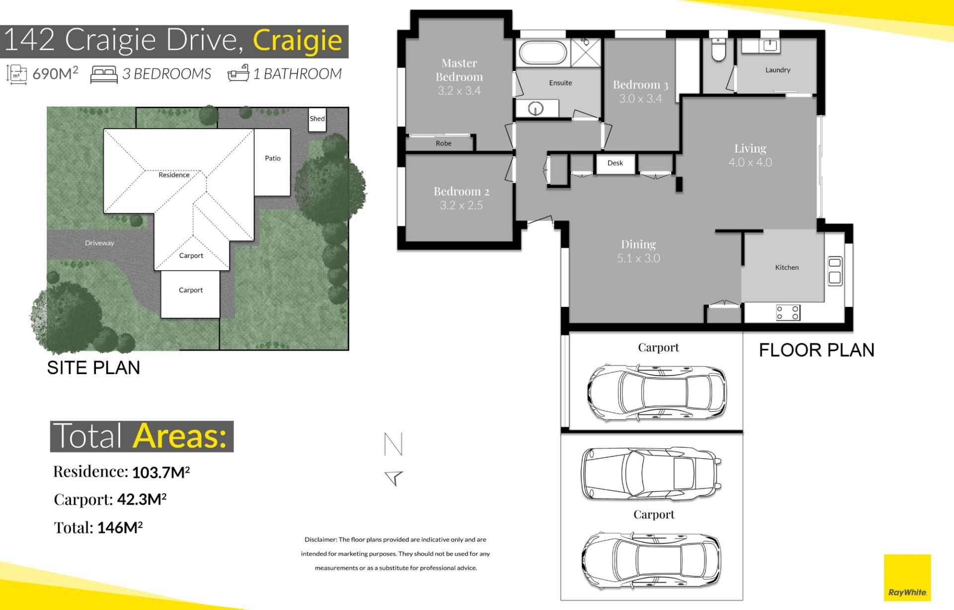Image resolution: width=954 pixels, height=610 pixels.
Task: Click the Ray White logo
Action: click(907, 578)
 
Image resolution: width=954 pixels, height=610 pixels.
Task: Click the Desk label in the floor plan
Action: click(615, 163)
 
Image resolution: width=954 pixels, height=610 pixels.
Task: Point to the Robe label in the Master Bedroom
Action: click(444, 144)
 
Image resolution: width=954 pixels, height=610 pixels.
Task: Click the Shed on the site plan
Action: click(317, 120)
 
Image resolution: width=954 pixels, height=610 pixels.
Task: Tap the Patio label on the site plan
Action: click(273, 158)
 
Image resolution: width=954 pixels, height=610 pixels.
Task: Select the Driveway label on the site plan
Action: click(99, 243)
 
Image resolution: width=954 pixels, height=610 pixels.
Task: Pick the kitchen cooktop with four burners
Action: click(789, 312)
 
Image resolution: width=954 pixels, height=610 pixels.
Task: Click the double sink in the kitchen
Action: click(835, 271)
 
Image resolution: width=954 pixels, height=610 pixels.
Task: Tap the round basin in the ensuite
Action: click(536, 108)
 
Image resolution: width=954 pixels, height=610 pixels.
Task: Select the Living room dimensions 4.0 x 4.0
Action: click(750, 162)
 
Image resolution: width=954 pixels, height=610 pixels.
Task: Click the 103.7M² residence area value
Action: click(161, 472)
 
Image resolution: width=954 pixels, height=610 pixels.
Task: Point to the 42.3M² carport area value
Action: click(142, 499)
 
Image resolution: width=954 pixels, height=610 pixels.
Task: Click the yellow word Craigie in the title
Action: click(298, 41)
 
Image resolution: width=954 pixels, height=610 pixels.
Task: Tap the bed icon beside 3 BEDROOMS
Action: click(104, 75)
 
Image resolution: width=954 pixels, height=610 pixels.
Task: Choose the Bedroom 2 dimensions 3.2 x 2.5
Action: click(462, 205)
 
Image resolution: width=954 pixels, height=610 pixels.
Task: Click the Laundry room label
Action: click(778, 70)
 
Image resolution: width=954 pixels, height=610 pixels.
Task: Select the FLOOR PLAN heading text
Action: click(816, 350)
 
